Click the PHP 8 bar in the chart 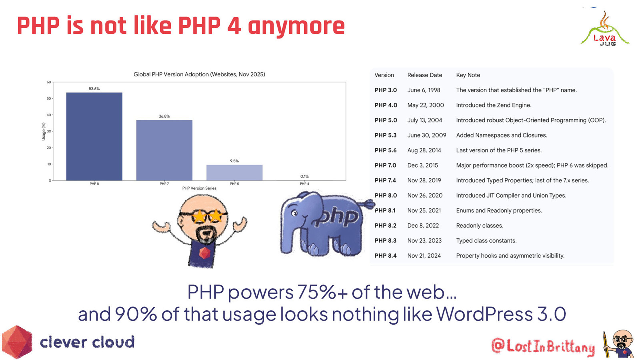click(x=94, y=136)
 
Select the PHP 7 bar click(x=164, y=150)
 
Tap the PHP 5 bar click(x=234, y=172)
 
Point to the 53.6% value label click(x=94, y=89)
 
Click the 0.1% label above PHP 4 click(x=304, y=176)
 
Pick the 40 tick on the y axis click(x=49, y=115)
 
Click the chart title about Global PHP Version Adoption click(x=199, y=74)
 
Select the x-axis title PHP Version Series click(x=199, y=188)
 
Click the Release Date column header click(x=424, y=75)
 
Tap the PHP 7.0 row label click(x=385, y=165)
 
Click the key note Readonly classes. click(x=480, y=226)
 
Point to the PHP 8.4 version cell click(x=385, y=256)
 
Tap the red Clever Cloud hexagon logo click(x=17, y=342)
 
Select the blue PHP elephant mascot click(x=322, y=224)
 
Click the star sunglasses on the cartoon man click(x=207, y=216)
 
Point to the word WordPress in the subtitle click(x=484, y=314)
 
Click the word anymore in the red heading click(x=296, y=26)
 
